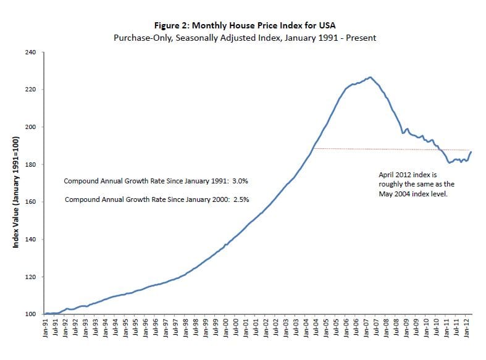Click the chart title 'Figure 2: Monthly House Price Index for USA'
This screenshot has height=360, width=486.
click(x=245, y=26)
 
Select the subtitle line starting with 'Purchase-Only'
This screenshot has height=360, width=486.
click(x=245, y=38)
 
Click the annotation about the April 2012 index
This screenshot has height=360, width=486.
click(x=416, y=184)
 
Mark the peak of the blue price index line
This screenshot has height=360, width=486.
click(x=369, y=77)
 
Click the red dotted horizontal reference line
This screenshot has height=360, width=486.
click(x=389, y=149)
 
